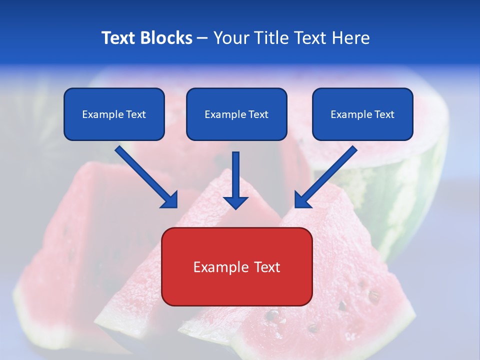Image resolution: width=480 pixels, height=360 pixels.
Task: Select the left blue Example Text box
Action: (x=114, y=114)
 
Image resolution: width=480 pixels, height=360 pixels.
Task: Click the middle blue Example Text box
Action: (x=236, y=114)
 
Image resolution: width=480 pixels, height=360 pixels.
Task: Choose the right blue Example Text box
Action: (x=362, y=114)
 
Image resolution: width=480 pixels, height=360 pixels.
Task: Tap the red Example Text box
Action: (x=236, y=266)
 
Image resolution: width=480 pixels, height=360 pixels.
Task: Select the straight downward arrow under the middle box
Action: (x=235, y=177)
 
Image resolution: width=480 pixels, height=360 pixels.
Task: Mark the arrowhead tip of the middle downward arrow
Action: (x=235, y=207)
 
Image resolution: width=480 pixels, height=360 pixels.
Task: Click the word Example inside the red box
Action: (x=218, y=267)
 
